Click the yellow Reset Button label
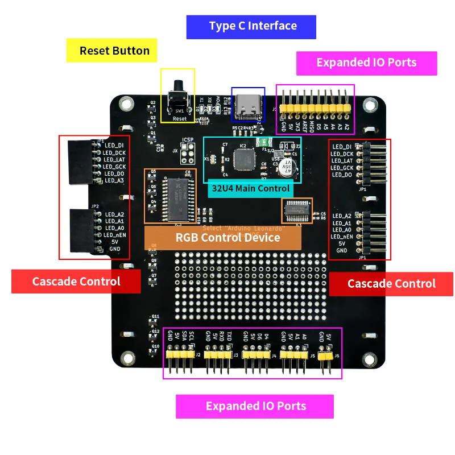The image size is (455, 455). pyautogui.click(x=114, y=51)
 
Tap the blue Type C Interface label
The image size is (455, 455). pyautogui.click(x=253, y=26)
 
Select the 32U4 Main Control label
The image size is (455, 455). pyautogui.click(x=250, y=188)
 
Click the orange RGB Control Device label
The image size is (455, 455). pyautogui.click(x=227, y=237)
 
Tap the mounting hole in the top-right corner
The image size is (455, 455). pyautogui.click(x=370, y=105)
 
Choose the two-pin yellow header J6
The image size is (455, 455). pyautogui.click(x=325, y=356)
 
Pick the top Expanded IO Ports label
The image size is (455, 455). pyautogui.click(x=366, y=63)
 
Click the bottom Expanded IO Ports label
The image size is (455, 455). pyautogui.click(x=255, y=406)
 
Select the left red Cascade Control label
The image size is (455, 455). pyautogui.click(x=76, y=282)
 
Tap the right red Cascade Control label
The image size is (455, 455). pyautogui.click(x=391, y=283)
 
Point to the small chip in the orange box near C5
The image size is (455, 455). pyautogui.click(x=297, y=210)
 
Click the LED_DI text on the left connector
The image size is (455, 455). pyautogui.click(x=114, y=146)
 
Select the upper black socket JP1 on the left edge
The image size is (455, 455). pyautogui.click(x=81, y=162)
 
